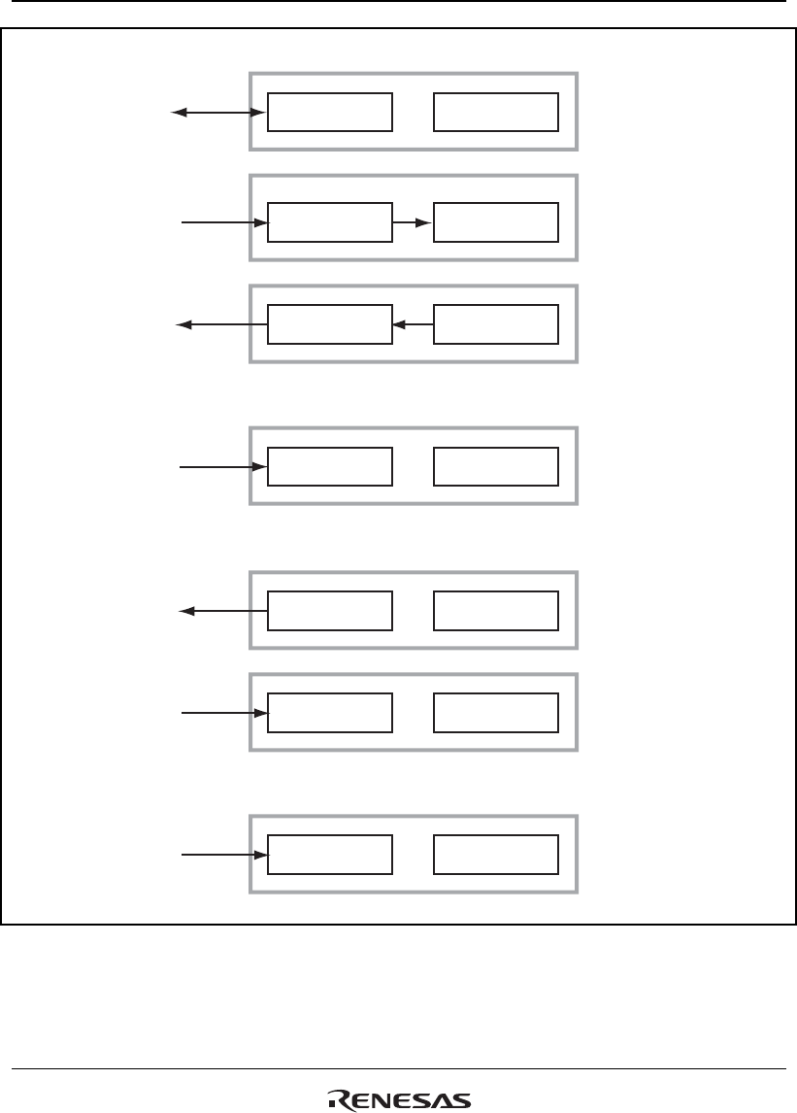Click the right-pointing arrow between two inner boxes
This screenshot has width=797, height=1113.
[x=413, y=222]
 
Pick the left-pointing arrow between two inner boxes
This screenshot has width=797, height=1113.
[x=413, y=324]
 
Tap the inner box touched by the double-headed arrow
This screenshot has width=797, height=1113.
[x=330, y=113]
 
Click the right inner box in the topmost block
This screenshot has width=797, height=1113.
[x=496, y=113]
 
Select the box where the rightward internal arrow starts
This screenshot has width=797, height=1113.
[x=330, y=222]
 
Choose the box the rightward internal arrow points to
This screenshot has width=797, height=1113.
[x=496, y=222]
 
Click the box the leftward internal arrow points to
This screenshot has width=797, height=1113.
[x=330, y=324]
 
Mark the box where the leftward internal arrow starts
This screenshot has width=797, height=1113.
[x=496, y=324]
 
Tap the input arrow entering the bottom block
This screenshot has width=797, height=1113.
[x=224, y=855]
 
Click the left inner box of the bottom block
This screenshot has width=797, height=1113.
[x=330, y=855]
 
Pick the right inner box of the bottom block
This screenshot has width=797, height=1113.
[x=496, y=855]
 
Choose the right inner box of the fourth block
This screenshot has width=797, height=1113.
[x=496, y=467]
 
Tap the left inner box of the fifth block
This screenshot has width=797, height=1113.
[x=330, y=611]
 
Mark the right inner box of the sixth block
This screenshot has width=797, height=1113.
[x=496, y=713]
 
